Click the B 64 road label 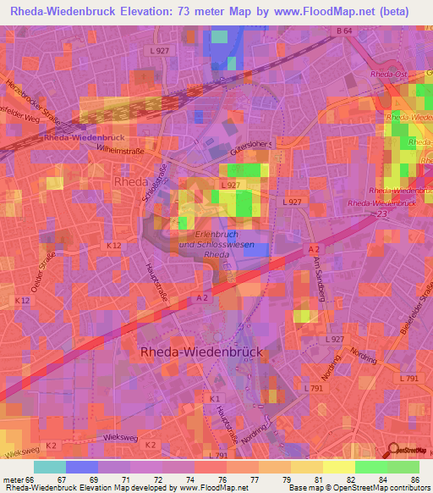343,31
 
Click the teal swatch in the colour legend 50,466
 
